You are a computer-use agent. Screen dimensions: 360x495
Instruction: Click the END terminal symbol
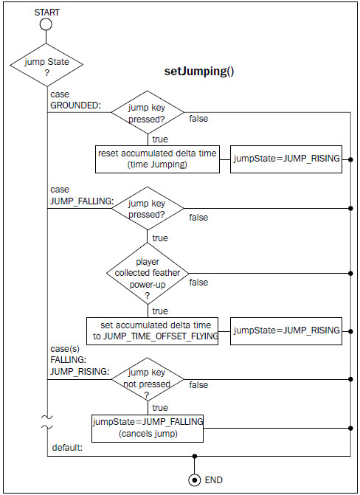tap(195, 480)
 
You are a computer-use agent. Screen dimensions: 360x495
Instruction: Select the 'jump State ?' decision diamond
tap(46, 65)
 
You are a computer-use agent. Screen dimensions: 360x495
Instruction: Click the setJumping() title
tap(199, 71)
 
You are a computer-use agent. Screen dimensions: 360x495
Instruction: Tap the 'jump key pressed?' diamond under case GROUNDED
tap(148, 112)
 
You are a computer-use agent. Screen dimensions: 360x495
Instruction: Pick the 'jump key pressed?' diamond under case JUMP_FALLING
tap(148, 208)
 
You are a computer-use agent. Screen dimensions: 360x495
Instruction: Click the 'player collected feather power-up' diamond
tap(148, 274)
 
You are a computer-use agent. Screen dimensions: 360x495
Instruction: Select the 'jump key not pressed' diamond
tap(148, 379)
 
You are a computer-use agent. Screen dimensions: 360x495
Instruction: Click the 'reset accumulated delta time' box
tap(157, 159)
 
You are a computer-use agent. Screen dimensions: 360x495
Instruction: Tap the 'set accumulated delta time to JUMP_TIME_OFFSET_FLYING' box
tap(152, 331)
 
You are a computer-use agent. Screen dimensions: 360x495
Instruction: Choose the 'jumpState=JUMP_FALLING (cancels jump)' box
tap(148, 429)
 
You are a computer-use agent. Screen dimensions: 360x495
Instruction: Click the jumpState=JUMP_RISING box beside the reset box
tap(286, 159)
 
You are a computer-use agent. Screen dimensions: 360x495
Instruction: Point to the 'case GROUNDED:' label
tap(75, 100)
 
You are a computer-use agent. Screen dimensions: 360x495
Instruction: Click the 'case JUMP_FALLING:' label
tap(82, 195)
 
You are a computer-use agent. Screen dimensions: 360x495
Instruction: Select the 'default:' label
tap(67, 447)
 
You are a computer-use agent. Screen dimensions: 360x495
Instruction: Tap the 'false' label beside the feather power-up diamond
tap(198, 283)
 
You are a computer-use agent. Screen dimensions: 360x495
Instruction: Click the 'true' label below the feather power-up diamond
tap(160, 311)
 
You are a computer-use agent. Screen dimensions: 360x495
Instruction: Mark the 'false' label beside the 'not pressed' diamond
tap(198, 385)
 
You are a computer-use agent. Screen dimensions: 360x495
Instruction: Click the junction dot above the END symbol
tap(195, 456)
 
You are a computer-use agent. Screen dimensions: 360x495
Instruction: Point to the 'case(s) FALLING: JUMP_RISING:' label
tap(80, 360)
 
